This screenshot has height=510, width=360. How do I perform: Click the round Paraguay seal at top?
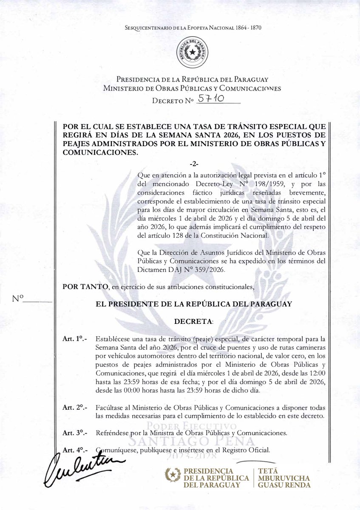[194, 52]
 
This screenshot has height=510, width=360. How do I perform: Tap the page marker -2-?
[194, 164]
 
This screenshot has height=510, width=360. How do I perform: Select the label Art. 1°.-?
[75, 340]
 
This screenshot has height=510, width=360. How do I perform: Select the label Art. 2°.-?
[75, 407]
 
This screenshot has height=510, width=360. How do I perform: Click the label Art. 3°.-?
[75, 433]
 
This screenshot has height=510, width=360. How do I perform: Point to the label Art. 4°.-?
[75, 450]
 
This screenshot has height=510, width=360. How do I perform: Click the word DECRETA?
[194, 321]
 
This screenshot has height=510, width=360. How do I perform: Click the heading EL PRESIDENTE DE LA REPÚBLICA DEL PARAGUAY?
[194, 304]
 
